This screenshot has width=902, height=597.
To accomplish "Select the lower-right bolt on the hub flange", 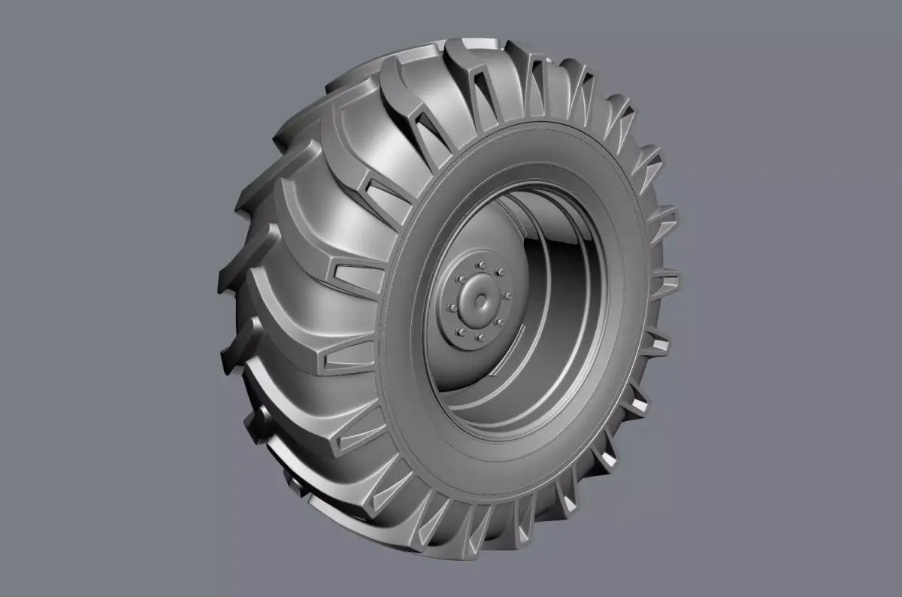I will click(x=499, y=323).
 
